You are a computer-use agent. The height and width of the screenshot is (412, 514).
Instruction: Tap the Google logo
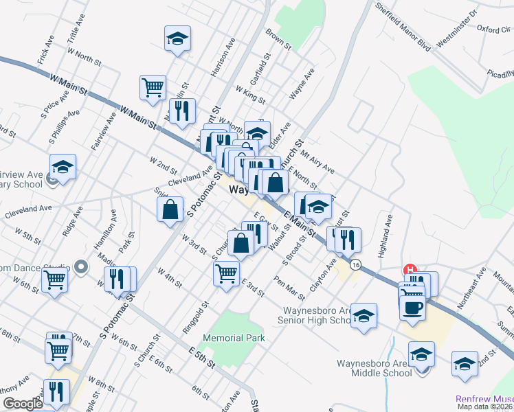[x=23, y=404]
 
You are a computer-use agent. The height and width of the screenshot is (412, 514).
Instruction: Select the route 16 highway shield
[x=355, y=264]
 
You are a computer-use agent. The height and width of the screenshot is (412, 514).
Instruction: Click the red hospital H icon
[x=410, y=269]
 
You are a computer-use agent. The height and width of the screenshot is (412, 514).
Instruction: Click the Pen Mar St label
[x=289, y=288]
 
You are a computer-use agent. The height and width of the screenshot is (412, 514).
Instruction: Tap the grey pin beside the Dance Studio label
[x=82, y=266]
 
